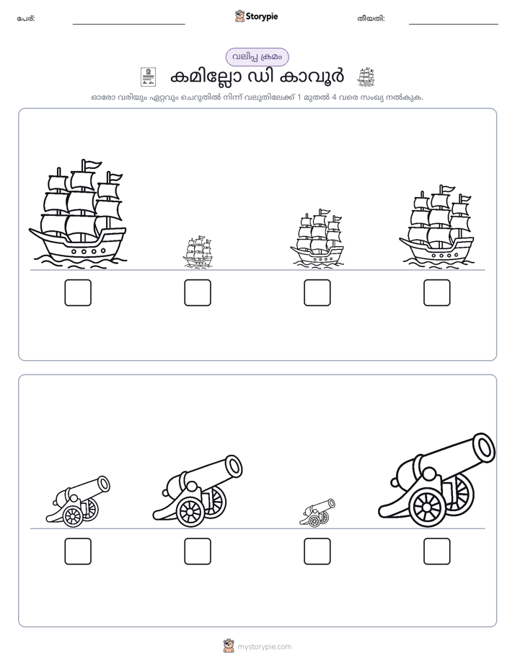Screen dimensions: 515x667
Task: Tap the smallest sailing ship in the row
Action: pos(198,252)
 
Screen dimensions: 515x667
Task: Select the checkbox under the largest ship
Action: pos(78,292)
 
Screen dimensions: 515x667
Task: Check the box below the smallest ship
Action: pos(198,292)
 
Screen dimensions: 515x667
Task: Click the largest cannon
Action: pos(437,480)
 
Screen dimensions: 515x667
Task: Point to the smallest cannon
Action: pos(317,513)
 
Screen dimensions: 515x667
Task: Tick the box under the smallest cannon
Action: pos(317,552)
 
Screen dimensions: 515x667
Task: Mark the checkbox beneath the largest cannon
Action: pos(437,552)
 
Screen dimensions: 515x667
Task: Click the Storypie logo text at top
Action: pos(262,17)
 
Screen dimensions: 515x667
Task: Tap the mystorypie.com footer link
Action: pos(264,647)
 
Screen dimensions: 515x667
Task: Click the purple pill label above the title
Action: pos(257,57)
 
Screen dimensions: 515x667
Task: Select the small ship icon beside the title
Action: pos(366,77)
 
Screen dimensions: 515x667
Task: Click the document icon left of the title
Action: pos(149,77)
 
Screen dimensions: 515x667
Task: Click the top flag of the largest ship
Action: pos(92,164)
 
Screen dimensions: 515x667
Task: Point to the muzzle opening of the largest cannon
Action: pos(484,447)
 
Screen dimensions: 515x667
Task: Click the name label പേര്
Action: pos(26,19)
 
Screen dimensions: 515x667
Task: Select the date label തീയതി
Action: pos(371,19)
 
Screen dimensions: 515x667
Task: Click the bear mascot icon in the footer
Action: pos(229,646)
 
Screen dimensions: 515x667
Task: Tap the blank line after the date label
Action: pos(454,25)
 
